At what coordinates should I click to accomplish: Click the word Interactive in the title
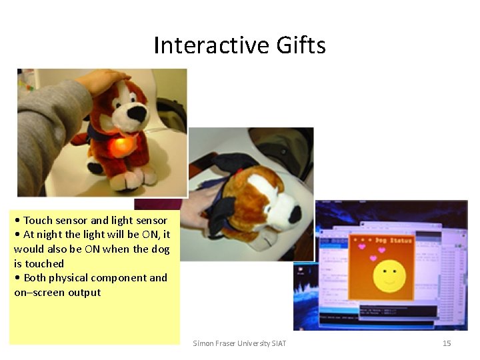[201, 46]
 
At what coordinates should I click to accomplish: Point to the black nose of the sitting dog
[137, 114]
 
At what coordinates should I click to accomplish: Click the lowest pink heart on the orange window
[373, 258]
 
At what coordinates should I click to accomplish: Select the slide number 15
[447, 343]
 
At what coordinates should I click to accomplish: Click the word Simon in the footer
[204, 343]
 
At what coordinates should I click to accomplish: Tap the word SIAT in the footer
[278, 343]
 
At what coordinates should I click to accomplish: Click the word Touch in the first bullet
[38, 220]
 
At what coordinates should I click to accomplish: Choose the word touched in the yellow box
[44, 263]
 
